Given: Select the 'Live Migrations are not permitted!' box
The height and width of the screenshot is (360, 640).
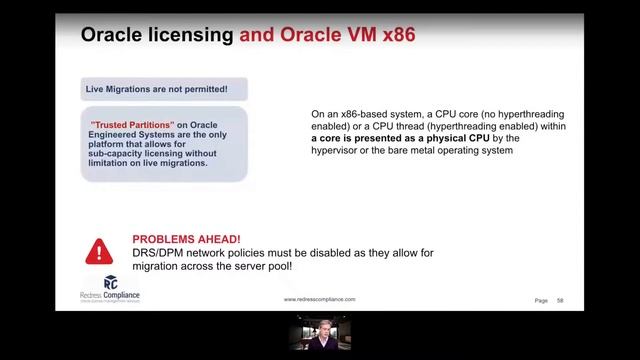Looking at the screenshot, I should pos(163,89).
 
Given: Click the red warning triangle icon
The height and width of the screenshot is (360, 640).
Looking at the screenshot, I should pos(99,250).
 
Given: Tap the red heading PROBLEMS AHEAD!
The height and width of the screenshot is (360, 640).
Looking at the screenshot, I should pos(186,240).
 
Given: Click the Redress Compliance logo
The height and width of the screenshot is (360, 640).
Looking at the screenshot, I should pos(110,289).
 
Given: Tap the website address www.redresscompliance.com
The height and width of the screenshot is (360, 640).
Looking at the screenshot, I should pos(319,299).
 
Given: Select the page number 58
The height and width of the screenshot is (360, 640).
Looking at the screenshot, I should pos(561,300).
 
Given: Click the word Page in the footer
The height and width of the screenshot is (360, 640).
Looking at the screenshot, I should pos(541,300).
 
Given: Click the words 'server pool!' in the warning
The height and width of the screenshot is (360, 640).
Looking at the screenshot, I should pos(273,266).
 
